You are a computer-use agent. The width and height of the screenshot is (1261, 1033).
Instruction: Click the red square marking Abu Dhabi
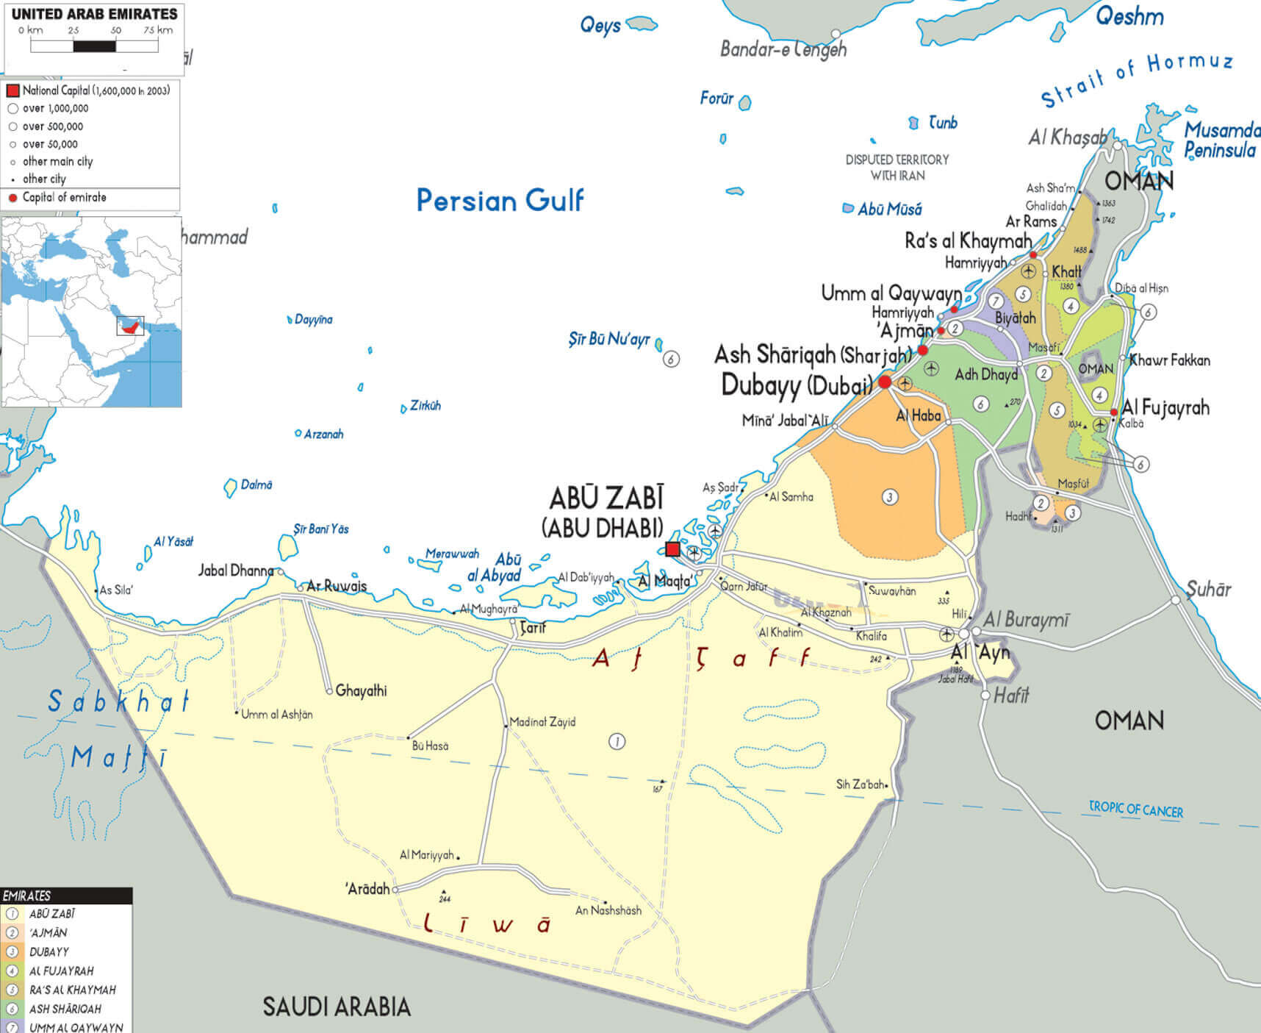(672, 548)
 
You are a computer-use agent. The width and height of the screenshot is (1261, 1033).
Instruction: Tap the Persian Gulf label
(500, 200)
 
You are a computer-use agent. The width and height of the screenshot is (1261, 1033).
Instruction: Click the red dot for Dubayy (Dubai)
(885, 382)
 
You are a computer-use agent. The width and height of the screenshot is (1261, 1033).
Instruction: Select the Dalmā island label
(256, 485)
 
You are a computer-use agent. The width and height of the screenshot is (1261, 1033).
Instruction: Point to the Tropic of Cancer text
(1135, 809)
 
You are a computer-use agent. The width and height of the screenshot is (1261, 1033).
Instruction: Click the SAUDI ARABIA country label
(337, 1007)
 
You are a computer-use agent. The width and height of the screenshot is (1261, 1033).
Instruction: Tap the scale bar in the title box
(94, 46)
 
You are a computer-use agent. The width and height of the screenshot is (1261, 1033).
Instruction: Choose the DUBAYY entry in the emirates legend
(48, 951)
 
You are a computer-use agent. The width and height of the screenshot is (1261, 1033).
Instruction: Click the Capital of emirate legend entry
(64, 197)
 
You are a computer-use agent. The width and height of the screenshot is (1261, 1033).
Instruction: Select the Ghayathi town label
(360, 690)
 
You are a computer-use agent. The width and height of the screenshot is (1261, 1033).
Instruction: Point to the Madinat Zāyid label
(542, 722)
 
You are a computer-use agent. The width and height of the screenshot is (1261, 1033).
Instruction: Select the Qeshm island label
(1129, 16)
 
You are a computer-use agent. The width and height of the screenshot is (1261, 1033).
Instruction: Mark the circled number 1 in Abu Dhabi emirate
(617, 742)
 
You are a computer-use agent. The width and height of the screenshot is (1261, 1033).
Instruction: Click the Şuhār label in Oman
(1208, 589)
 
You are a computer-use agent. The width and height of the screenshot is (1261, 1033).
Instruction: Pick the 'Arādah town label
(367, 889)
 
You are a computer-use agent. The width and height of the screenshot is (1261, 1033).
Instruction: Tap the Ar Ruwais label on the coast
(336, 586)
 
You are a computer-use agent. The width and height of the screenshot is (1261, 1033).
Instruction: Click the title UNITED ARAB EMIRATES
(94, 14)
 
